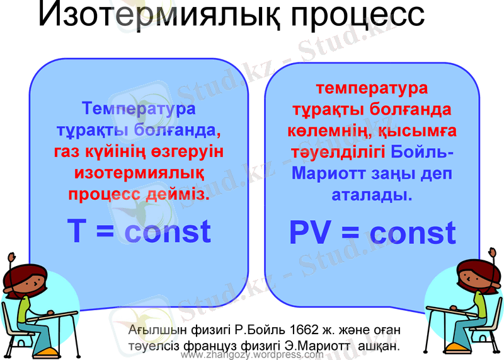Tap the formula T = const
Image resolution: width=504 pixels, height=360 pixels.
(x=139, y=231)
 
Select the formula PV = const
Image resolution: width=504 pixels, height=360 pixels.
(x=372, y=233)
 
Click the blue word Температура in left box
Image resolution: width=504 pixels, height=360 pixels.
(x=139, y=108)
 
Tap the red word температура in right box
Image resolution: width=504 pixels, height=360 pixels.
(x=372, y=88)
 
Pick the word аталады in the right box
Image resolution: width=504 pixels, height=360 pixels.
(x=372, y=195)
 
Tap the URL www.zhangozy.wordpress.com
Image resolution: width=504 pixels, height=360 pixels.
(x=252, y=355)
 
